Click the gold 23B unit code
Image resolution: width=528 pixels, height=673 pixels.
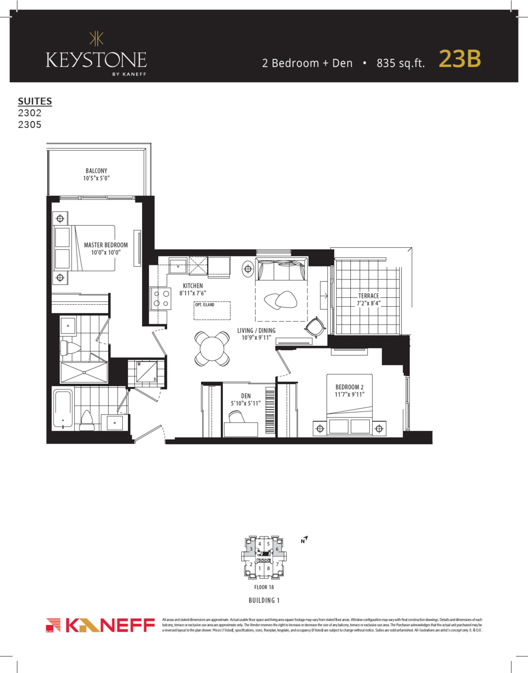pyautogui.click(x=460, y=59)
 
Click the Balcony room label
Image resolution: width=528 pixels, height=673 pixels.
pyautogui.click(x=97, y=171)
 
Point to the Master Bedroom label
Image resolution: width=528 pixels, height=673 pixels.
pyautogui.click(x=106, y=245)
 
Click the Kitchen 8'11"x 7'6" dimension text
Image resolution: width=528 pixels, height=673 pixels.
pyautogui.click(x=193, y=293)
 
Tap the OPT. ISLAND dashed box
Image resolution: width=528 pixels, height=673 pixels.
pyautogui.click(x=212, y=311)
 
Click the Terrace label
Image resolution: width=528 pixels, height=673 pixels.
pyautogui.click(x=369, y=296)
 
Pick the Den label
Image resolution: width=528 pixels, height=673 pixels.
pyautogui.click(x=246, y=396)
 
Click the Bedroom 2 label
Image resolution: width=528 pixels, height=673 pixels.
pyautogui.click(x=350, y=387)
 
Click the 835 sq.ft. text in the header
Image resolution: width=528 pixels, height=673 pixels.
pyautogui.click(x=401, y=63)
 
